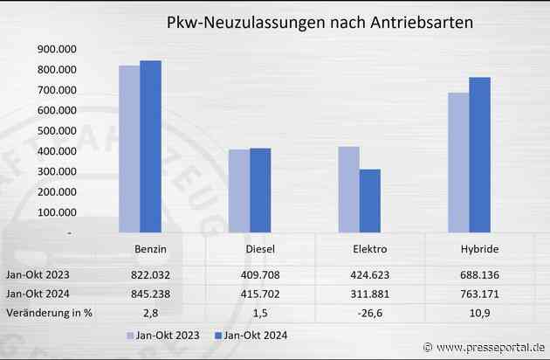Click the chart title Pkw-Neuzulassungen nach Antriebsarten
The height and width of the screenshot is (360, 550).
click(320, 24)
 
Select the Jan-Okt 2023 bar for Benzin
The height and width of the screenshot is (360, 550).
click(129, 149)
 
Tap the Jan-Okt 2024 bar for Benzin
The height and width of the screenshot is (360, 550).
click(150, 147)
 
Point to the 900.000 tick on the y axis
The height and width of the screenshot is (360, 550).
click(56, 49)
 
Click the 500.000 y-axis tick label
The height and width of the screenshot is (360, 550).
click(56, 131)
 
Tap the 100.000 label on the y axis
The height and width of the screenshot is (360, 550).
click(56, 213)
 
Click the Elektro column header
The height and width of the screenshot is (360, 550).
click(369, 250)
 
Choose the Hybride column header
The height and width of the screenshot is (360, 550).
click(478, 250)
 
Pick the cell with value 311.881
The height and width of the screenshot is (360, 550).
click(369, 293)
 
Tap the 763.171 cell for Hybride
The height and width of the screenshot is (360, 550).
click(478, 293)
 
